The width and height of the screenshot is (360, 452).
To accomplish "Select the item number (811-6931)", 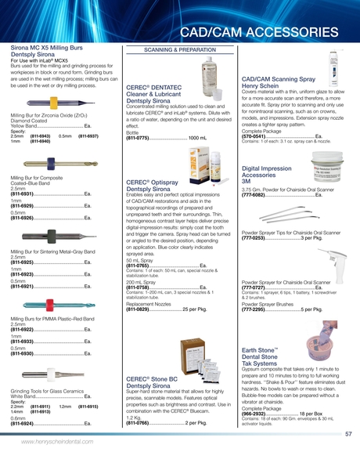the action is coord(24,193).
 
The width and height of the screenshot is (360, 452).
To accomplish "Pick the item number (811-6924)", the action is coord(24,423).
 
